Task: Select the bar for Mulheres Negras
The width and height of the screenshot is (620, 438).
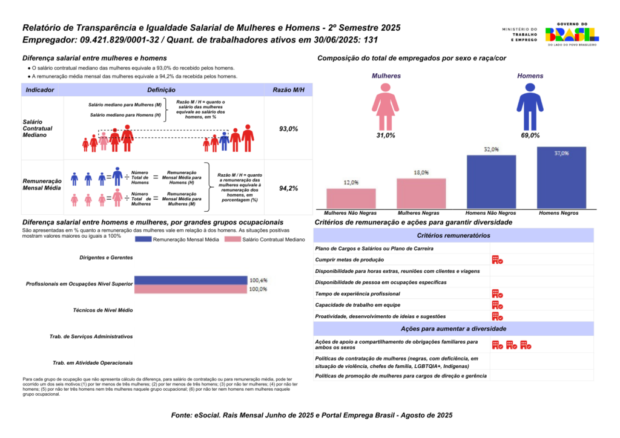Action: coord(421,194)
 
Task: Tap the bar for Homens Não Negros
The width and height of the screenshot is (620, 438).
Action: coord(491,181)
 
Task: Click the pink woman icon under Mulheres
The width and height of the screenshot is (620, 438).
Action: coord(385,106)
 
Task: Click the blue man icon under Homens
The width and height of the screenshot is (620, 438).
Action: coord(530,106)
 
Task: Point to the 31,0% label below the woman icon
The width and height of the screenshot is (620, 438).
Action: coord(386,136)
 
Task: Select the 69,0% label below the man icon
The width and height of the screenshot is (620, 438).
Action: coord(530,136)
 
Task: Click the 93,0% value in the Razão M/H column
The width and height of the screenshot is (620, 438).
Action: coord(288,129)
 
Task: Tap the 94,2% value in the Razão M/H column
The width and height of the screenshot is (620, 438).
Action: coord(288,188)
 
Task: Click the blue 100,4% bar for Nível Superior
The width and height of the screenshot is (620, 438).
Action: coord(191,280)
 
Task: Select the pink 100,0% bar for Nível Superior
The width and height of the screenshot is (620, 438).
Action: coord(191,289)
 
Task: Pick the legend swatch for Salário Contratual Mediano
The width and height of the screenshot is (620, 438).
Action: coord(232,240)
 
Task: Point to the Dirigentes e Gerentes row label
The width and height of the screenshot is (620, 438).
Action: coord(106,258)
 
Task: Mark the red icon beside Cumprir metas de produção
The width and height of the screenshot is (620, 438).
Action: coord(497,260)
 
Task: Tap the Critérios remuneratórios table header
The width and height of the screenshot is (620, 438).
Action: coord(453,235)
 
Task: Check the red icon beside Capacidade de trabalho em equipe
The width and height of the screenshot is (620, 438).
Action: coord(497,305)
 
